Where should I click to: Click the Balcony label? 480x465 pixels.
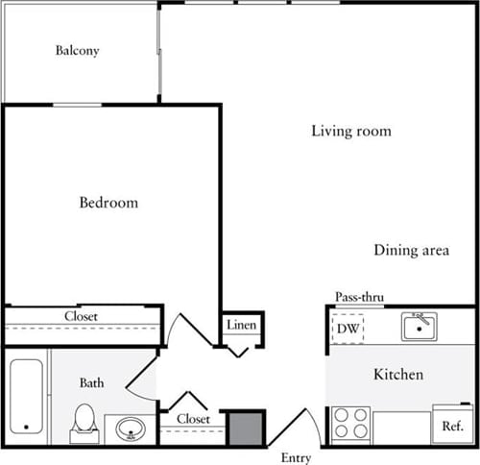tap(77, 51)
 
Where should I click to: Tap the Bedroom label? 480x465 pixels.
tap(108, 203)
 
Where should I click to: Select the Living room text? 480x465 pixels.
tap(350, 131)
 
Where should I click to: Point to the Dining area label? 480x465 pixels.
tap(411, 251)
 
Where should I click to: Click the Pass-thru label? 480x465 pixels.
tap(359, 298)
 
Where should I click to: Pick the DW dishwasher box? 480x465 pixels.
tap(347, 329)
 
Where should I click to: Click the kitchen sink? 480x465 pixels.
tap(419, 328)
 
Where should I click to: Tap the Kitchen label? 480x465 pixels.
tap(397, 374)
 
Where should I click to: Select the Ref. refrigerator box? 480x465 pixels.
tap(452, 424)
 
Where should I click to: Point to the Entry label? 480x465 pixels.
tap(296, 456)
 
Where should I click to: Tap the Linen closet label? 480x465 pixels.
tap(240, 326)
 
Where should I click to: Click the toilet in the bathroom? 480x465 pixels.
tap(84, 421)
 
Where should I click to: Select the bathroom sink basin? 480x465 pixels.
tap(129, 428)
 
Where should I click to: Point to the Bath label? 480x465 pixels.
tap(92, 383)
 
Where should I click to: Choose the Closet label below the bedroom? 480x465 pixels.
tap(81, 315)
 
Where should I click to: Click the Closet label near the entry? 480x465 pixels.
tap(193, 419)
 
